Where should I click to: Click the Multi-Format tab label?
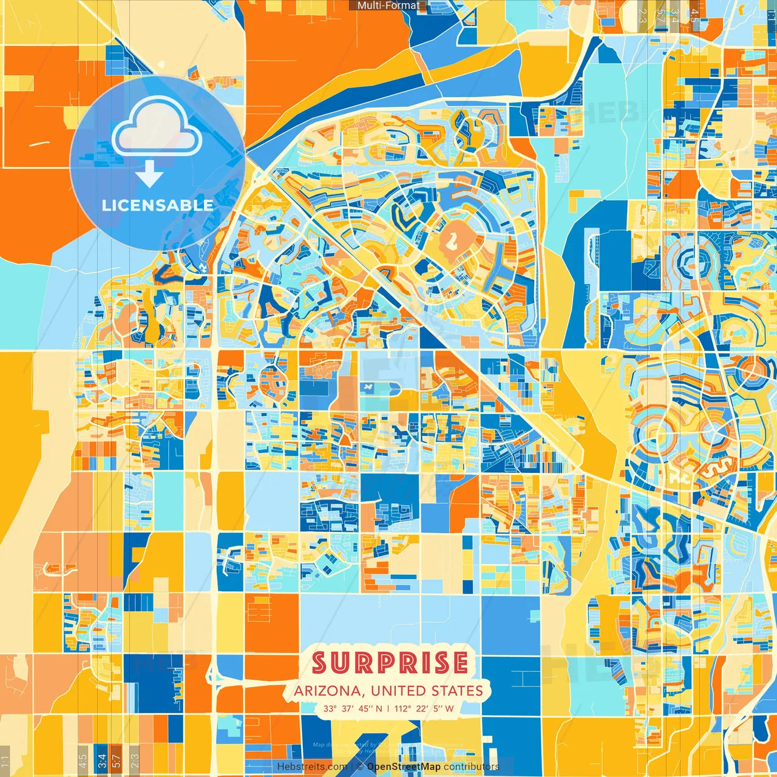388,5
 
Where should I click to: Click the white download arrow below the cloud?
149,175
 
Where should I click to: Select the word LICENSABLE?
157,205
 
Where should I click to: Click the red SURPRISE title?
390,663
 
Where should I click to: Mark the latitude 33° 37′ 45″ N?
352,708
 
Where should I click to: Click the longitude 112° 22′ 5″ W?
424,708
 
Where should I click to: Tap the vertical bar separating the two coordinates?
388,708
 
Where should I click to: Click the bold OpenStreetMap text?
404,767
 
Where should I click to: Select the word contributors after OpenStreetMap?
471,767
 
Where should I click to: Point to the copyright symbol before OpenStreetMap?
360,767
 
